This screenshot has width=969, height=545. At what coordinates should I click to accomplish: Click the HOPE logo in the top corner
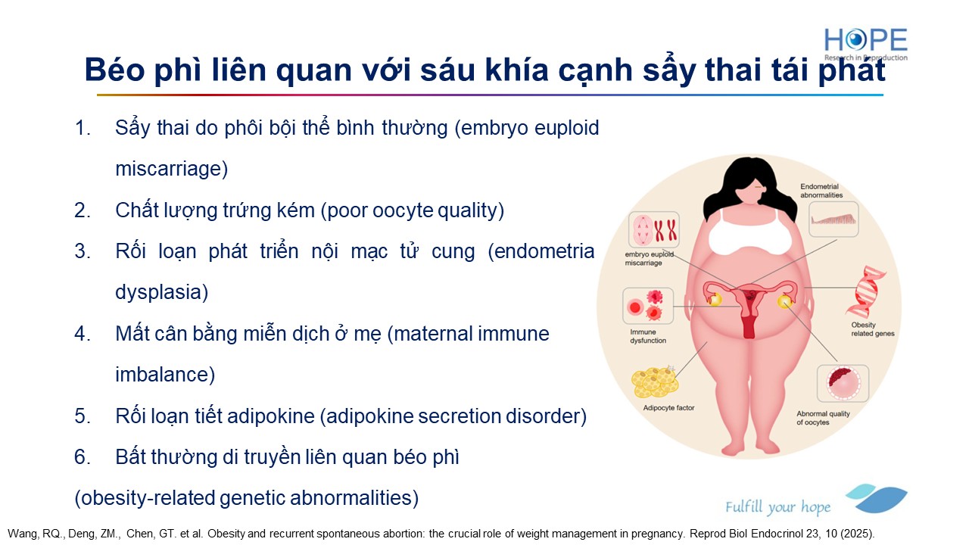pos(865,44)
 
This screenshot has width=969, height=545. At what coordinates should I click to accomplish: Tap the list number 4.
pos(83,334)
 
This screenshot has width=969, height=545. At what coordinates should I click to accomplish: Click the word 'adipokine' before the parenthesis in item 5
pos(271,416)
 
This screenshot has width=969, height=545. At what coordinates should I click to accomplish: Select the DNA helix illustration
pos(865,292)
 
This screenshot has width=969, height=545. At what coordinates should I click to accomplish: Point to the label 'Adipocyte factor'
pos(668,408)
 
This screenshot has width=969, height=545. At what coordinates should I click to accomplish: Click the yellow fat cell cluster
pos(655,381)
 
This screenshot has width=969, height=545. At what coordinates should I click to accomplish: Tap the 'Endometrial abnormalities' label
pos(821,191)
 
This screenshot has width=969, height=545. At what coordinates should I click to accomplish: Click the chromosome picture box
pos(653,229)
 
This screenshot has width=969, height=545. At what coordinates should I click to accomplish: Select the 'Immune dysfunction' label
pos(647,336)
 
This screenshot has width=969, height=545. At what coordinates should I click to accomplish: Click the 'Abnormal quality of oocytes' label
pos(823,418)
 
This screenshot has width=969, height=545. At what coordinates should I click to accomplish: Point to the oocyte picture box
pos(843,383)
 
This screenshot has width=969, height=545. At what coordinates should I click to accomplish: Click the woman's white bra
pos(750,232)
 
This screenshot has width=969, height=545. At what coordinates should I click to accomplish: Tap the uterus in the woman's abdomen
pos(749,305)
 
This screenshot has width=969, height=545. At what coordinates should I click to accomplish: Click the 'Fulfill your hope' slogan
pos(777,507)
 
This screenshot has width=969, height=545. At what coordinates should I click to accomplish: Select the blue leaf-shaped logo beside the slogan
pos(877,498)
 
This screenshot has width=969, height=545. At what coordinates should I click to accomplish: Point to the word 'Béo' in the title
pos(114,70)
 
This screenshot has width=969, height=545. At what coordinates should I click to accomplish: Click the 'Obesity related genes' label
pos(873,329)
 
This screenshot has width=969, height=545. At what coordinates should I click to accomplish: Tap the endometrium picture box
pos(833,219)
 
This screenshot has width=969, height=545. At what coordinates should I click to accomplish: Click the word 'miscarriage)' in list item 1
pos(172,169)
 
